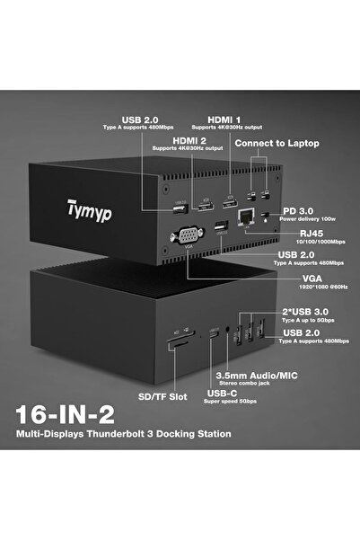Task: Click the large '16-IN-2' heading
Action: pos(78,415)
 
